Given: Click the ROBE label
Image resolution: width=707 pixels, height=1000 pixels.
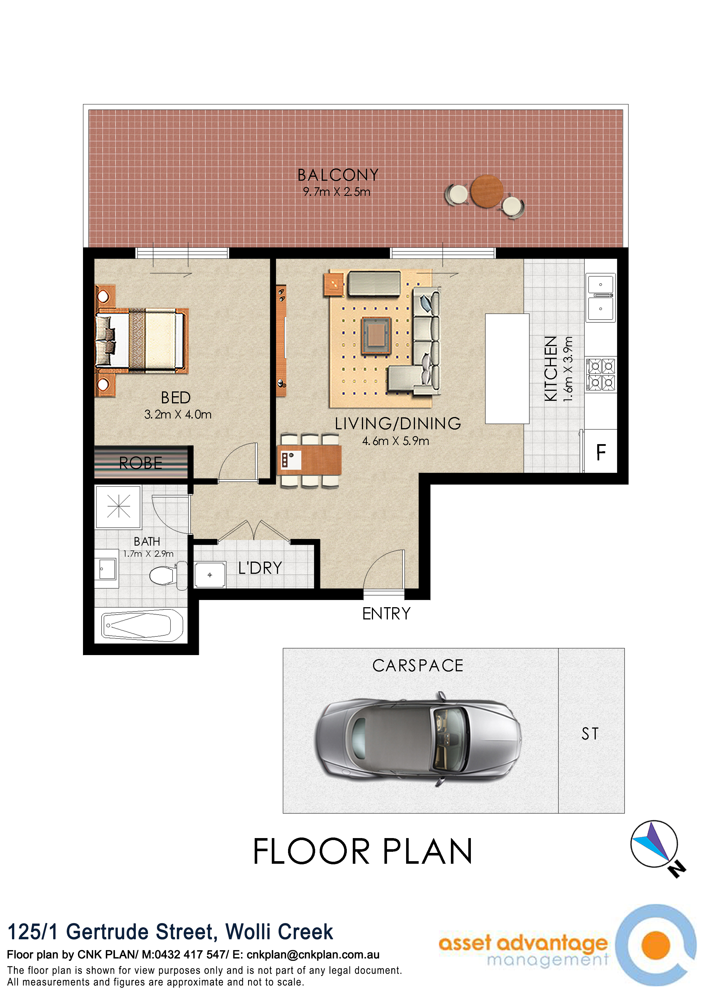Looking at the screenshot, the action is pos(141,463).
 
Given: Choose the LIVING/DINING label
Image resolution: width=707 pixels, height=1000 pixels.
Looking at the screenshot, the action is pos(398,423).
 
